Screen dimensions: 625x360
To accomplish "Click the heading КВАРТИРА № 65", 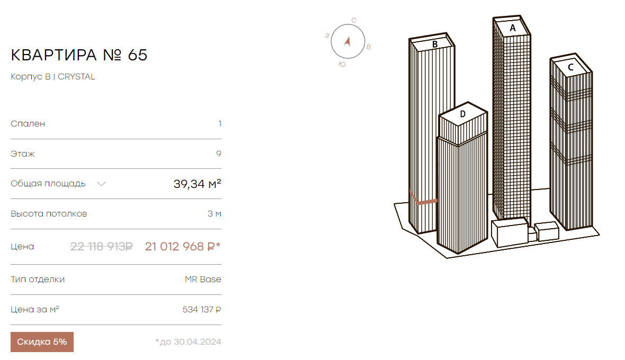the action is pos(79,55).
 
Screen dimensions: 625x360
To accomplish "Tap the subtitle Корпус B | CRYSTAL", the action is pos(52,76).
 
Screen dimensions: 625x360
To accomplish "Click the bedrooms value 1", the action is pos(220,124).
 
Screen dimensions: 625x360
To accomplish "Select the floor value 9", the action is pos(219,154).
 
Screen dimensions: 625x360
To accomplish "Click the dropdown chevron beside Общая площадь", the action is pos(101,184).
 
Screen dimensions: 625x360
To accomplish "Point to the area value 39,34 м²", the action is pos(198,184).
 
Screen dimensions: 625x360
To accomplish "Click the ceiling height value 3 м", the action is pos(215,214).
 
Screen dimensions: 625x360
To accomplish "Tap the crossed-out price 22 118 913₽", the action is pos(101,247).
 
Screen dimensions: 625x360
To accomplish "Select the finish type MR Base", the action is pos(203,280).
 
